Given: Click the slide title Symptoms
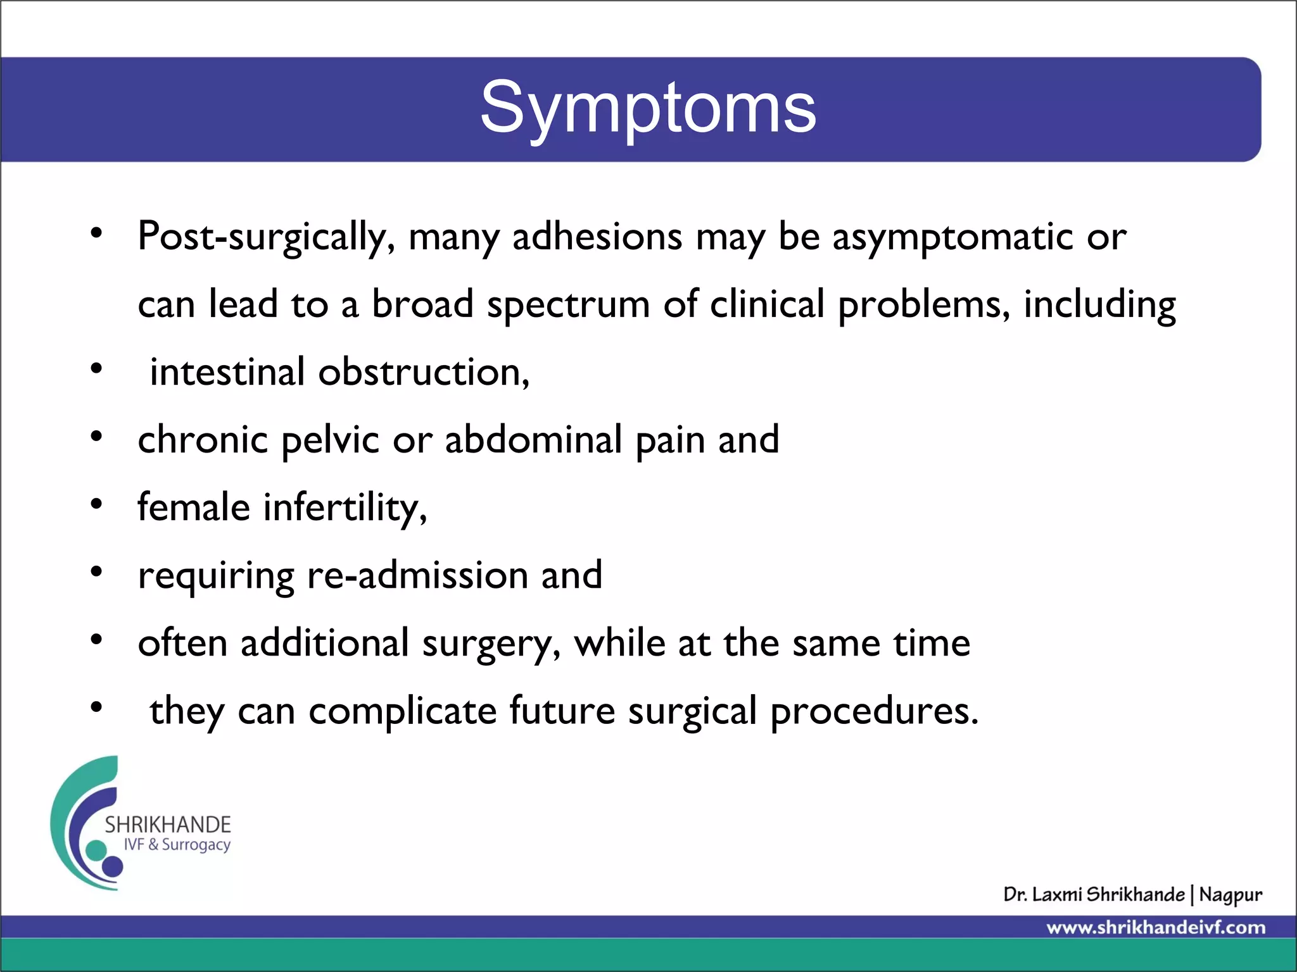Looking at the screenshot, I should coord(648,109).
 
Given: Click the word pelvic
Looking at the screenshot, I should coord(330,440).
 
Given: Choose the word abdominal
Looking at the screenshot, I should coord(533,439).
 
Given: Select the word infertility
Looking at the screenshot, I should coord(345,508).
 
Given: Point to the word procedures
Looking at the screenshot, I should coord(874,711).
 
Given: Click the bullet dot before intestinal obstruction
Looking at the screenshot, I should coord(96,369).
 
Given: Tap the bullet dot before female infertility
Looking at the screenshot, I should coord(96,504).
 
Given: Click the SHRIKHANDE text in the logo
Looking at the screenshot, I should coord(168,825).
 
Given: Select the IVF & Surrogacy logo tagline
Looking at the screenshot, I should coord(177,845).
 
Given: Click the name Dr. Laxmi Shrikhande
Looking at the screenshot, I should coord(1093,894).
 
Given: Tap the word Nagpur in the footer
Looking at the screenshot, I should coord(1230,895).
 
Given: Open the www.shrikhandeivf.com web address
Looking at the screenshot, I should coord(1156,928).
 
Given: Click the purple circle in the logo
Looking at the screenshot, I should coord(113,866).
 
